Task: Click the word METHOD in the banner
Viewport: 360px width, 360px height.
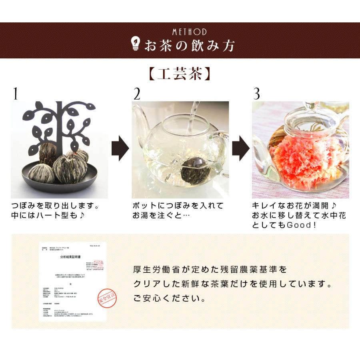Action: (189, 32)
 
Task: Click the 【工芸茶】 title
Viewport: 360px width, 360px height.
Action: (180, 74)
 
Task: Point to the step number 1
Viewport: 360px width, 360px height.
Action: (15, 94)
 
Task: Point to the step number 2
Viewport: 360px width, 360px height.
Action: (137, 94)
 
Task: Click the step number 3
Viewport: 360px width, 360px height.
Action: (256, 94)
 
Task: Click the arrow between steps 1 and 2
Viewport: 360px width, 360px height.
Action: (120, 148)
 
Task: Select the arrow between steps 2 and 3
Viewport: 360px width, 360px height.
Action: (240, 148)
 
